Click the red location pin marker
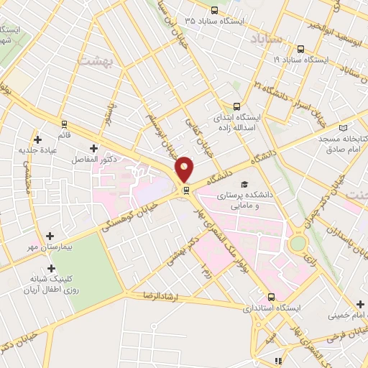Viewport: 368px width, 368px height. (x=185, y=170)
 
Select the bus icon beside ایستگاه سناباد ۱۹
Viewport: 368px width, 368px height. (x=300, y=50)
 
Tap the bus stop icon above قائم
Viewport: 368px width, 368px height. (x=65, y=123)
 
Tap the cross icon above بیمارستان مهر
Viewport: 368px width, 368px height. (x=50, y=235)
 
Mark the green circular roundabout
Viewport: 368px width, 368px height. (x=297, y=243)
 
